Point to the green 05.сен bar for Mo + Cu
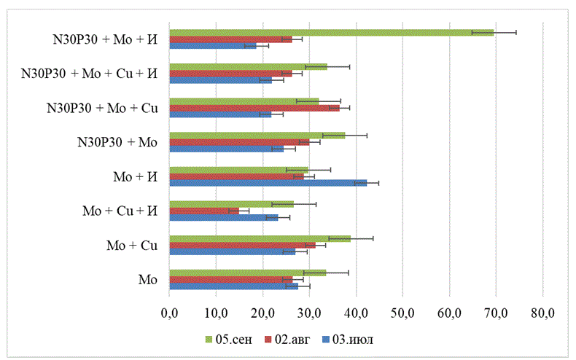(260, 238)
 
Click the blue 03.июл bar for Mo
(233, 286)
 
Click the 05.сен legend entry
(230, 339)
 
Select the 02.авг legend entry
(291, 339)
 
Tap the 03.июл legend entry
(354, 339)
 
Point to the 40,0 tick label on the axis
(356, 314)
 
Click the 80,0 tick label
(542, 314)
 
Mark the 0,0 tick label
(169, 314)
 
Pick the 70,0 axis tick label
(496, 314)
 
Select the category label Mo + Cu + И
(122, 211)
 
